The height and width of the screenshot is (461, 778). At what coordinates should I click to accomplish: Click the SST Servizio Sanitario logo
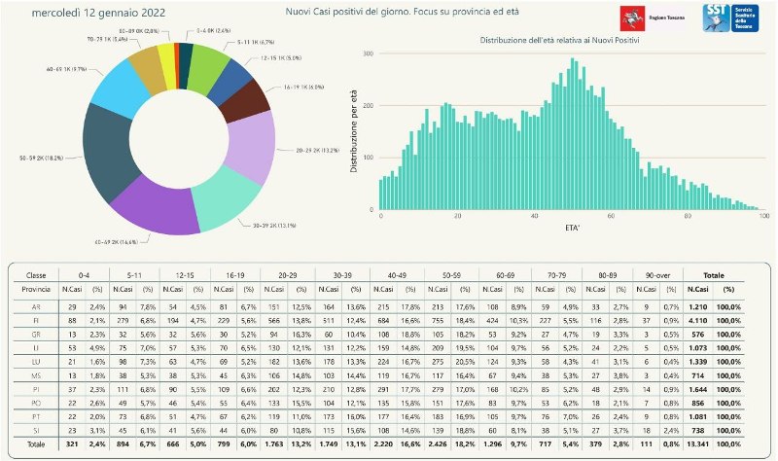(x=730, y=18)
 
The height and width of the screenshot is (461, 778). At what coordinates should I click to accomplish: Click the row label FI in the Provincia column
(x=35, y=320)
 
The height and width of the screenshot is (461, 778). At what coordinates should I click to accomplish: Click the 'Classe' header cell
(x=35, y=275)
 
